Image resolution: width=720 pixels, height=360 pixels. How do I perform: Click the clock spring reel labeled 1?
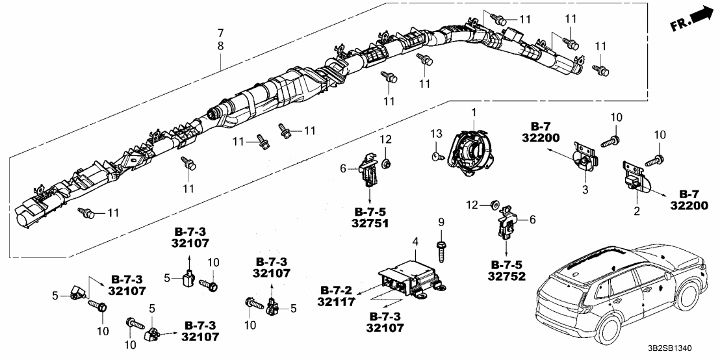click(x=474, y=153)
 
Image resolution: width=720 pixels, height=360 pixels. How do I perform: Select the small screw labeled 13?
click(x=436, y=156)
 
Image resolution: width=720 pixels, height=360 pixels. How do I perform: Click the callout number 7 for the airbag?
click(x=220, y=32)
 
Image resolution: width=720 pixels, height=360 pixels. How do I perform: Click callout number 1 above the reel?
click(x=474, y=112)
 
